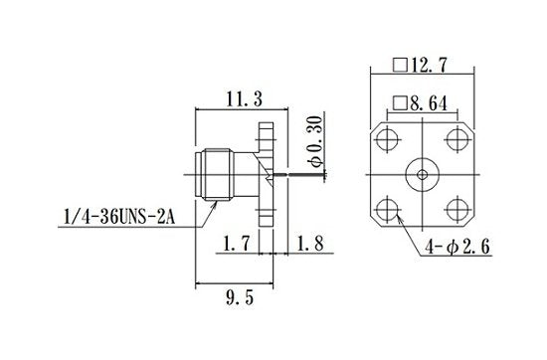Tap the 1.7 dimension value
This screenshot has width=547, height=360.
(x=234, y=242)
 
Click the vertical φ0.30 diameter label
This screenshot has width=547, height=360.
(x=314, y=139)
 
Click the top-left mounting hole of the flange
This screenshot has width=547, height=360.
(x=386, y=138)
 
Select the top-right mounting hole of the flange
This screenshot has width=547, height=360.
(x=456, y=138)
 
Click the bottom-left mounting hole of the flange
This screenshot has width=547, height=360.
(x=386, y=209)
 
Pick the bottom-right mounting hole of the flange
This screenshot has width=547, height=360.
(x=456, y=209)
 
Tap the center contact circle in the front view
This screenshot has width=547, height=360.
(x=422, y=174)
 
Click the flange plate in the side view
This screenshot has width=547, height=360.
(x=265, y=175)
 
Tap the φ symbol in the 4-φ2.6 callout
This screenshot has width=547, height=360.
(x=450, y=245)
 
